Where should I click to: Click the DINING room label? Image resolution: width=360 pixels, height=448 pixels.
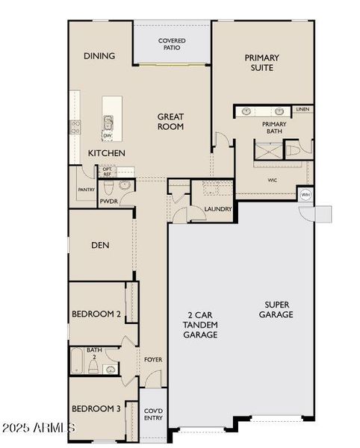point(99,56)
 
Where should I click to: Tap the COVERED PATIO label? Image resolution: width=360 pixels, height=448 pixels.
point(172,44)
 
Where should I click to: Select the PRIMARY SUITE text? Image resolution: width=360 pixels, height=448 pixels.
point(261,63)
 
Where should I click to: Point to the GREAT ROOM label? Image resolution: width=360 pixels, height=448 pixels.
point(170,121)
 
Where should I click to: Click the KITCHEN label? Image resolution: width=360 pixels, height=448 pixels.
point(106,153)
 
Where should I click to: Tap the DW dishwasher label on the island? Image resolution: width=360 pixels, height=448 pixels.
point(108,136)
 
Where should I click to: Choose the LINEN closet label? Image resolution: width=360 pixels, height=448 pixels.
point(302,110)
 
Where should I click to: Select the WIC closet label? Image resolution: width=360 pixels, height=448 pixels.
point(273,180)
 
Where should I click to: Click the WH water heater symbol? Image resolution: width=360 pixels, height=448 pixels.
point(305,195)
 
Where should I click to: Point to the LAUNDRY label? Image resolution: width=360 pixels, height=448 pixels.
point(218,210)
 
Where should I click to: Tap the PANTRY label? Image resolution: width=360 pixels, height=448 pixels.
point(86,190)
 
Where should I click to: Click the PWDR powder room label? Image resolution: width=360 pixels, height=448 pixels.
point(109,201)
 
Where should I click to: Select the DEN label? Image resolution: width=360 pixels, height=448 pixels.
point(102,245)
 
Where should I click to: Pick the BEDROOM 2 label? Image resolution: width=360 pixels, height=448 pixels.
point(96,314)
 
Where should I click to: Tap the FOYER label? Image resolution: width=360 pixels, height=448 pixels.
point(153,360)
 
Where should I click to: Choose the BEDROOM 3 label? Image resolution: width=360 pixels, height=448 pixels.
point(96,408)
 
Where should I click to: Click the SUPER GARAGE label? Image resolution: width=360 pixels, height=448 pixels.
point(277,310)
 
